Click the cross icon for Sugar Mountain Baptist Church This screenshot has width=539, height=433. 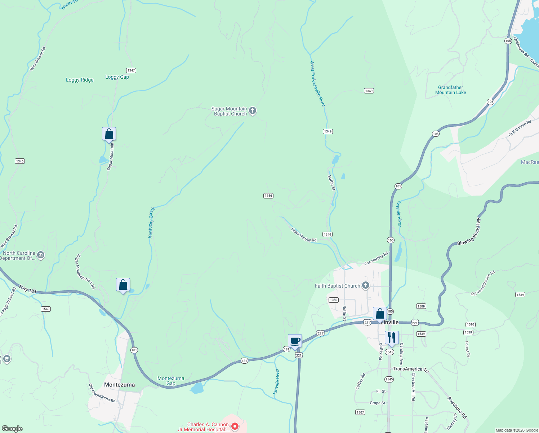[253, 111]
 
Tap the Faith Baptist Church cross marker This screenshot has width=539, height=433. [366, 286]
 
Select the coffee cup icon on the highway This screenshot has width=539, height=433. [295, 341]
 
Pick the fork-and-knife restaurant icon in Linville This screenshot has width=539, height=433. [392, 338]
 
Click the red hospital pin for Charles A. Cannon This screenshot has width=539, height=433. [235, 427]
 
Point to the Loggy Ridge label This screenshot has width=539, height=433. [80, 80]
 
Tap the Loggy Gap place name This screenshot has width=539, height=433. [117, 77]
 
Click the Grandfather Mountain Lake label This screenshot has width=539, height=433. [450, 90]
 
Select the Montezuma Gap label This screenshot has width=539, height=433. [171, 381]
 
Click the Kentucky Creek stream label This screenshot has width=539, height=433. [151, 223]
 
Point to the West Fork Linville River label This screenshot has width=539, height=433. [317, 83]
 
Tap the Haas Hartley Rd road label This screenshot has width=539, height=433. [304, 235]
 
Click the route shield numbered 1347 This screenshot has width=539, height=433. [131, 70]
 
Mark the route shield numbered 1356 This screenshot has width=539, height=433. [268, 196]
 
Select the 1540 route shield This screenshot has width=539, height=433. [45, 309]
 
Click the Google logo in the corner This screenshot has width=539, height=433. [12, 429]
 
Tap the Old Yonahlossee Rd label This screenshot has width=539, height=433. [483, 283]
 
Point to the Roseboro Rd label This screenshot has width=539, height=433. [457, 407]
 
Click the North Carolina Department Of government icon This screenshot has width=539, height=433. [41, 255]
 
